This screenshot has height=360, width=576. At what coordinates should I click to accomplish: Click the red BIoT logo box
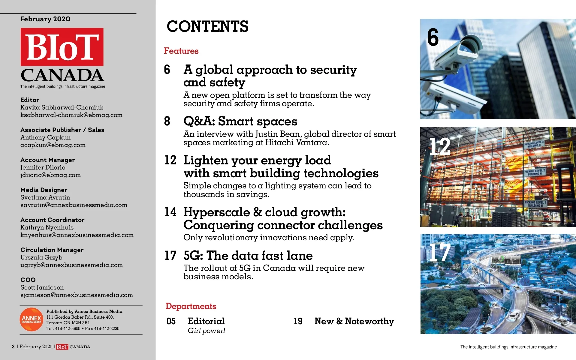coord(62,47)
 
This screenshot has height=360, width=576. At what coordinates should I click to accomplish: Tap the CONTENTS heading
coord(207,26)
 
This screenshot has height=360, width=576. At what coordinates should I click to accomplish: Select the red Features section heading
coord(181,51)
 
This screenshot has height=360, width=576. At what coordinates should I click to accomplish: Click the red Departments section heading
coord(191,306)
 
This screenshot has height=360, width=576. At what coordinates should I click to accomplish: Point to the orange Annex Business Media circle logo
coord(32,319)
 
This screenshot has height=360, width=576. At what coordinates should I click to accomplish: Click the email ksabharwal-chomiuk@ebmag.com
coord(71,115)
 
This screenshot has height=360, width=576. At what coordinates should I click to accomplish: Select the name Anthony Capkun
coord(45,137)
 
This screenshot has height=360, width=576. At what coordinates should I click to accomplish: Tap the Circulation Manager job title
coord(52,250)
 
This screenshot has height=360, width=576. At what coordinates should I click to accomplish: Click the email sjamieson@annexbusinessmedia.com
coord(77,295)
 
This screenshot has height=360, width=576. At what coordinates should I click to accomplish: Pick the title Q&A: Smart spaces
coord(240,121)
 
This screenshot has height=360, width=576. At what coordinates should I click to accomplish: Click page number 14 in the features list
coord(170,212)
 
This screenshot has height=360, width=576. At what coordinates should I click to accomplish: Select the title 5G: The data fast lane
coord(248,256)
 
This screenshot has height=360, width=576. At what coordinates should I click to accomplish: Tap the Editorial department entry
coord(206,321)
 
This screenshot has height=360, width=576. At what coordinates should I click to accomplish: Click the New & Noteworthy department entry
coord(354,321)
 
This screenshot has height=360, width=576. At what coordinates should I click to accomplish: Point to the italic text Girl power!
coord(207,331)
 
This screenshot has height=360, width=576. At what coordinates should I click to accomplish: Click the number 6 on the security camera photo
coord(433,37)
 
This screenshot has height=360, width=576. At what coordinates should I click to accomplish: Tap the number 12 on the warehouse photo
coord(440,147)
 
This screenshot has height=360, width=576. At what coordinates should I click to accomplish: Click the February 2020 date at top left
coord(45,19)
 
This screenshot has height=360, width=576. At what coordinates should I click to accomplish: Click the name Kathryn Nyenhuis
coord(47,227)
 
